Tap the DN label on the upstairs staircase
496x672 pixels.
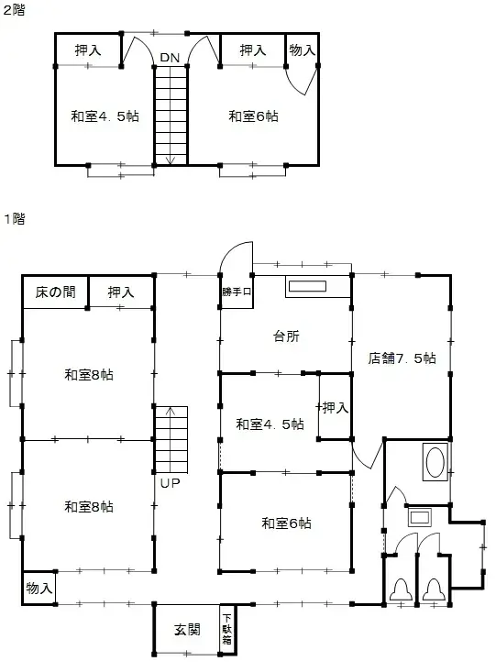[x=170, y=58]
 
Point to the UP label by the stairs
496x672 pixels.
[x=170, y=482]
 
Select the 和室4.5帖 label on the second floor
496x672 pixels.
[x=105, y=116]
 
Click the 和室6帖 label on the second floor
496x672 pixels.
[x=254, y=116]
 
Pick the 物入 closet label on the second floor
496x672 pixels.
[x=302, y=50]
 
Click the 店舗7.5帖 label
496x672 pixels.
[x=402, y=358]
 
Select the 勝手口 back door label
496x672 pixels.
[x=236, y=292]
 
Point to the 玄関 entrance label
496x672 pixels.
[x=188, y=631]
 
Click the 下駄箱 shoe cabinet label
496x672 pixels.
[x=226, y=630]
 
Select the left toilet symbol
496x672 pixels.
[x=401, y=589]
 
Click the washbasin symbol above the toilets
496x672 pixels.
[x=419, y=517]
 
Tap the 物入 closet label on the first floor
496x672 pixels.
[x=39, y=588]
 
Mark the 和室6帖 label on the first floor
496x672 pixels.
[x=286, y=523]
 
